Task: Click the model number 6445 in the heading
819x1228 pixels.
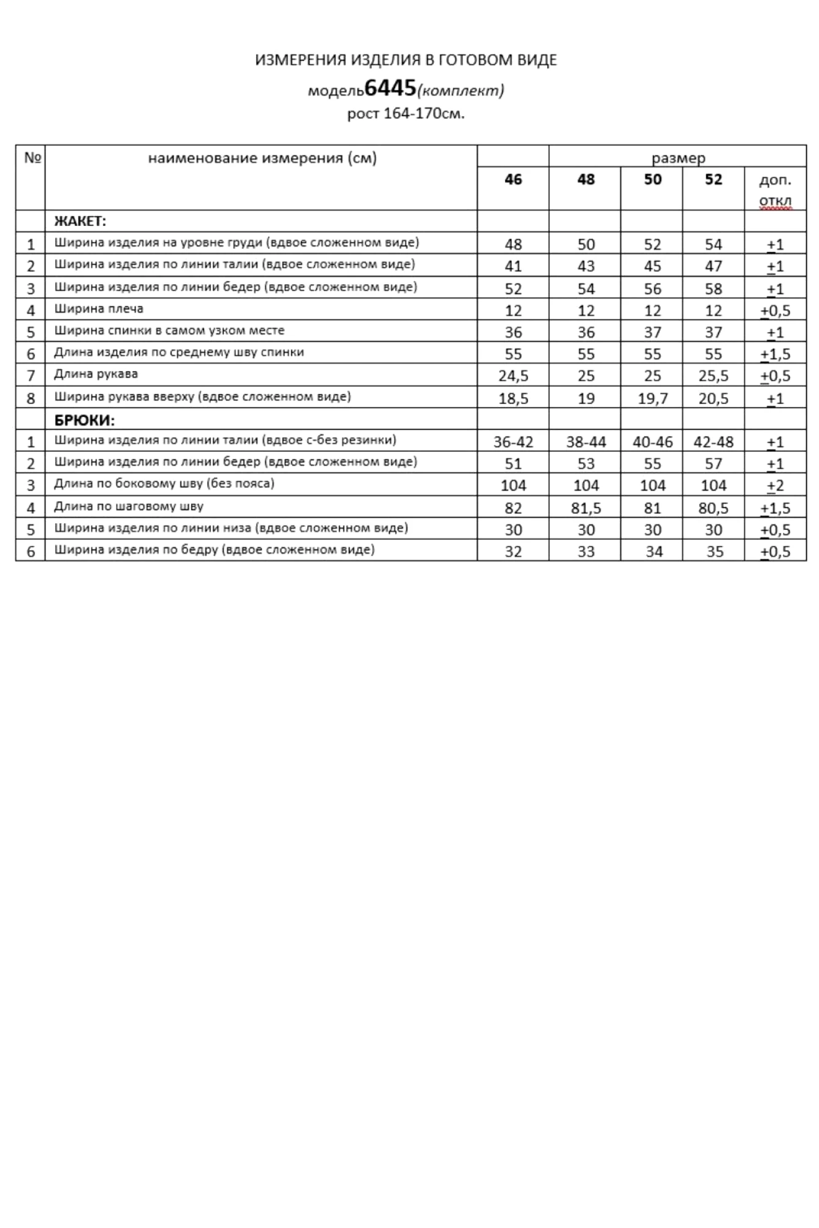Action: [x=390, y=88]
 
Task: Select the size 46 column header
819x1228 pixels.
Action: [x=513, y=179]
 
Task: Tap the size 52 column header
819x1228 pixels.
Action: [x=713, y=179]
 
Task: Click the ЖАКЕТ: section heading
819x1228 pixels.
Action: [x=80, y=221]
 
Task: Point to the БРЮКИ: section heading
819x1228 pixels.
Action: [x=84, y=420]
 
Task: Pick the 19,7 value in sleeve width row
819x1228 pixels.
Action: [x=652, y=398]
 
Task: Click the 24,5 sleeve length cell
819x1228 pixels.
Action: [x=513, y=376]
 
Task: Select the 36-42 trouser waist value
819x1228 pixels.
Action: [x=513, y=442]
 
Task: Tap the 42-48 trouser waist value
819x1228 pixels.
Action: [x=713, y=442]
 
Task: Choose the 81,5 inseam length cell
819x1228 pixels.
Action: [x=586, y=508]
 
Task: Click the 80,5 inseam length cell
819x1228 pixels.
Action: [x=713, y=508]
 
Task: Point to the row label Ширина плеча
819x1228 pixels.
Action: [x=98, y=309]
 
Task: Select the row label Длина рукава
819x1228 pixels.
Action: [x=96, y=374]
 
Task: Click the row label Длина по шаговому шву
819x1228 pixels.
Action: [x=128, y=507]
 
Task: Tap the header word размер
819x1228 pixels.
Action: [x=678, y=158]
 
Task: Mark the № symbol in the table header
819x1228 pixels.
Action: [x=32, y=158]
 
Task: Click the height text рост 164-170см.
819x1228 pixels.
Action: [x=406, y=114]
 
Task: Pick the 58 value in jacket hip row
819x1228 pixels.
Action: [x=713, y=289]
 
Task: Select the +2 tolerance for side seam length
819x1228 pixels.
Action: [x=775, y=486]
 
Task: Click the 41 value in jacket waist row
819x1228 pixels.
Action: [x=513, y=266]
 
